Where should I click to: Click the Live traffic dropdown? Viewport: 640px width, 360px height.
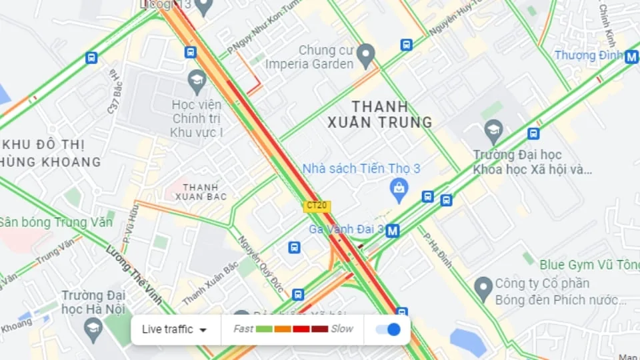pyautogui.click(x=175, y=329)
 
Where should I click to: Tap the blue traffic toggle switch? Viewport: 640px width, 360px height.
pyautogui.click(x=388, y=329)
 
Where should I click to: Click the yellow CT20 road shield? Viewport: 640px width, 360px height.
pyautogui.click(x=316, y=206)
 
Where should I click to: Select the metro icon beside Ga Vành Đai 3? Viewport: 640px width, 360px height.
pyautogui.click(x=393, y=231)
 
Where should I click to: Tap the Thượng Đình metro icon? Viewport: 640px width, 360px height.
pyautogui.click(x=631, y=57)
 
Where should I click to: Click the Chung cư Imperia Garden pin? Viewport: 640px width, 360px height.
pyautogui.click(x=365, y=55)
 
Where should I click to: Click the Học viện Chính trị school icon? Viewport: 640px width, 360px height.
pyautogui.click(x=197, y=81)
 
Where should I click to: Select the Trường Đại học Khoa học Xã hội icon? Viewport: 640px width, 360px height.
pyautogui.click(x=493, y=130)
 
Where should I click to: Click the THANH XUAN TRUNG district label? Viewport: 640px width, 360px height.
pyautogui.click(x=379, y=114)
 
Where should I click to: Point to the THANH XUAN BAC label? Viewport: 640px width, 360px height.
pyautogui.click(x=201, y=192)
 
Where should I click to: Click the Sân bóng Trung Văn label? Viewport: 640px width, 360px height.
pyautogui.click(x=56, y=222)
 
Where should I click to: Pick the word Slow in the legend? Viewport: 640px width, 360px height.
pyautogui.click(x=342, y=329)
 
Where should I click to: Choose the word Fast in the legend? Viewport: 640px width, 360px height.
pyautogui.click(x=243, y=329)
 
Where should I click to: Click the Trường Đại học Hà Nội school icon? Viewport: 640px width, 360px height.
pyautogui.click(x=93, y=327)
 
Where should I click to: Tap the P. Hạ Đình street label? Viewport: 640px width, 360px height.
pyautogui.click(x=437, y=250)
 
